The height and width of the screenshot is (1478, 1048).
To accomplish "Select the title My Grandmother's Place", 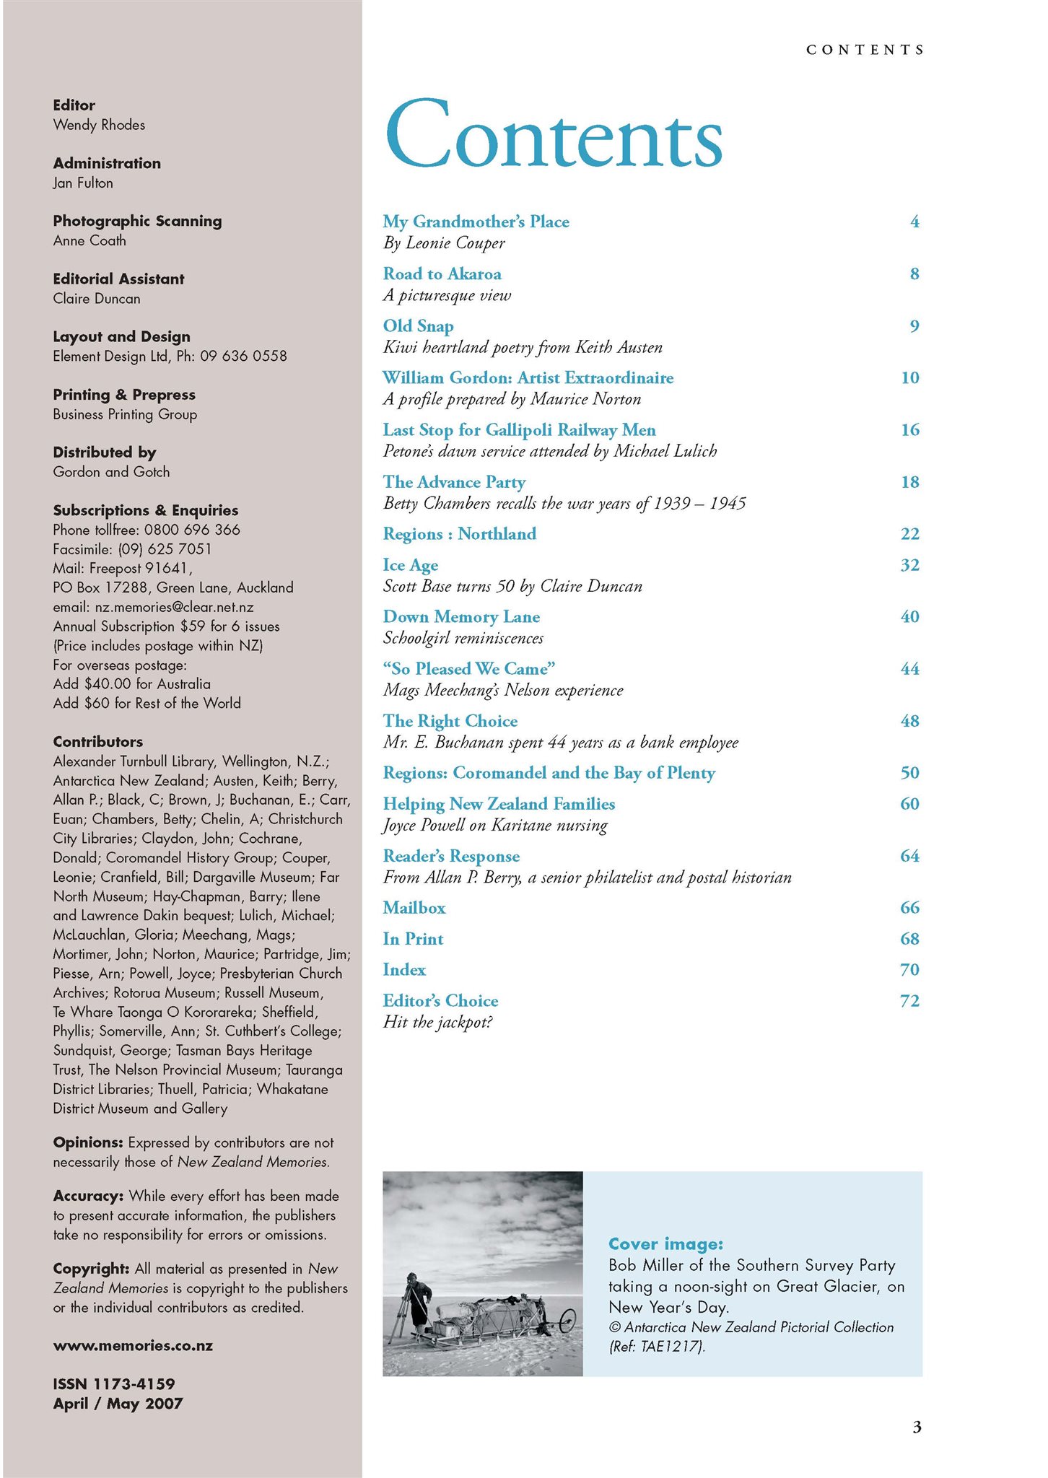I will point(476,222).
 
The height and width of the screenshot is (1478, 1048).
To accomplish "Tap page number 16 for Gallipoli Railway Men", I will point(909,430).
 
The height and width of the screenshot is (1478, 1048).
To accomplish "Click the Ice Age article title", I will point(410,565).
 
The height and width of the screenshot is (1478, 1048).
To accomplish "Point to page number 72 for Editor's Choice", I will point(909,1001).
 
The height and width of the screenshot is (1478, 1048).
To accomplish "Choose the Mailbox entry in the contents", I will point(414,908).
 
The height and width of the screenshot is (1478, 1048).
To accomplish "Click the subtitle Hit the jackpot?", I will point(437,1022).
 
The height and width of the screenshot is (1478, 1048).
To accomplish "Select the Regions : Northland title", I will point(459,534).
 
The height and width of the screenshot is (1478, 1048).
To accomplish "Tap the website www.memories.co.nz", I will point(133,1346).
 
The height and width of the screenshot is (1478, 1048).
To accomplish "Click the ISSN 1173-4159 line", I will point(113,1384).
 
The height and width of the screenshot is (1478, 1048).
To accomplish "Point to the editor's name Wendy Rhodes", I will point(99,125).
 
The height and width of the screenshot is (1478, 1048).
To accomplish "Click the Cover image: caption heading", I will point(665,1243).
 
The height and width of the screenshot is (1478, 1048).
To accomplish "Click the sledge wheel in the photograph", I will point(567,1320).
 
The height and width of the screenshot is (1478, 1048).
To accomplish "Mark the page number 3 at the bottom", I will point(917,1427).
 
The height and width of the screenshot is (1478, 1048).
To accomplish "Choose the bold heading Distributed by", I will point(105,452).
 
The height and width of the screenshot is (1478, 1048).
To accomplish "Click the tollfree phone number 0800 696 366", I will point(192,530).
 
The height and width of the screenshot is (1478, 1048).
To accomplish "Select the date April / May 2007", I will point(118,1404).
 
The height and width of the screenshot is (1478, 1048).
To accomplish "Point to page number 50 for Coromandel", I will point(909,773).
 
